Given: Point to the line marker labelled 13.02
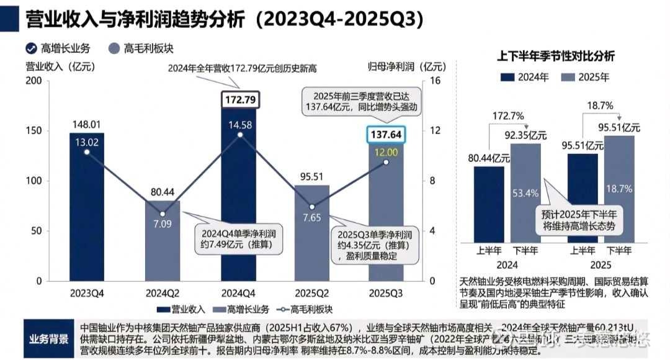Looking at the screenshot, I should (87, 152).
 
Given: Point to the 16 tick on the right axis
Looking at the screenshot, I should (434, 81).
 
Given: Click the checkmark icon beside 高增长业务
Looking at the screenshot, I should (30, 48).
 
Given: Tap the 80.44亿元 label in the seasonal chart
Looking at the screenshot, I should (489, 158).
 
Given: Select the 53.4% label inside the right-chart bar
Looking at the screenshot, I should (524, 193).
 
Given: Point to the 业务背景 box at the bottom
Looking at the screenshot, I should (49, 340).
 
